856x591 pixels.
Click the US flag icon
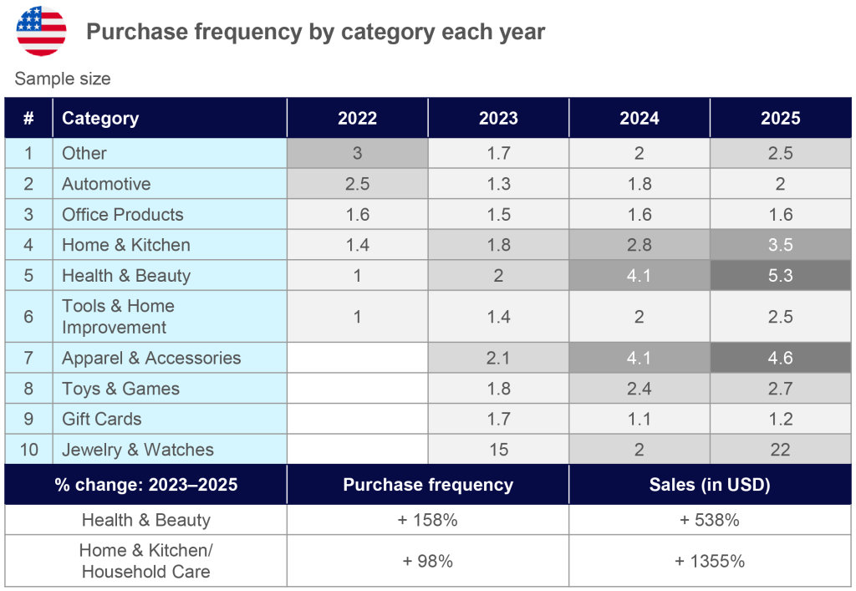(41, 30)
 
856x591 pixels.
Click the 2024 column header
(639, 118)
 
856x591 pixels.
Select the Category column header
(100, 118)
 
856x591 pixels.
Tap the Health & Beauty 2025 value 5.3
(780, 276)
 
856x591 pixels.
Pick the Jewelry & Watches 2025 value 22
(780, 450)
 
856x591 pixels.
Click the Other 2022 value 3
(357, 153)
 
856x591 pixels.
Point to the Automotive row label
(106, 184)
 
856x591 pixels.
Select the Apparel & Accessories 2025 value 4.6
(780, 358)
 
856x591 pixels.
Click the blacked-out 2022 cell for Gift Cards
(357, 419)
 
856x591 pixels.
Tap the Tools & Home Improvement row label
(118, 317)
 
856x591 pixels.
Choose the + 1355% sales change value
(710, 561)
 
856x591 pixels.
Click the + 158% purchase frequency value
(427, 520)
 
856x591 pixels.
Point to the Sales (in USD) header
(710, 485)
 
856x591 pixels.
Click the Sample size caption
(63, 79)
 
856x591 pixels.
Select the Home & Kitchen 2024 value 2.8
(639, 245)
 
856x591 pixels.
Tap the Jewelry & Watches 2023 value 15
(498, 450)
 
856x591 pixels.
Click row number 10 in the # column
(28, 450)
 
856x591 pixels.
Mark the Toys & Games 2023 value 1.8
(498, 389)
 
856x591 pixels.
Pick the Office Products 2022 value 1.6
(357, 215)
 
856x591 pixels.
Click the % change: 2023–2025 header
(146, 485)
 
